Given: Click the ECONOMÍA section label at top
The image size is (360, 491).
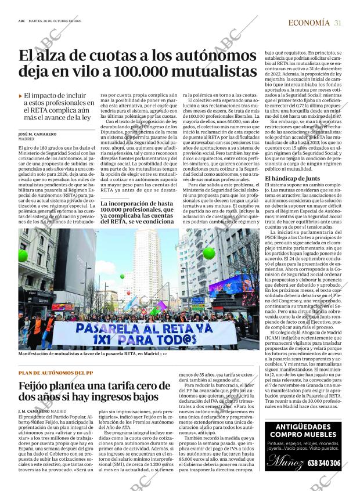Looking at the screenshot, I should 309,23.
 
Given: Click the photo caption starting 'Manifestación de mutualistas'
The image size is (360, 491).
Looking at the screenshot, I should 87,353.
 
